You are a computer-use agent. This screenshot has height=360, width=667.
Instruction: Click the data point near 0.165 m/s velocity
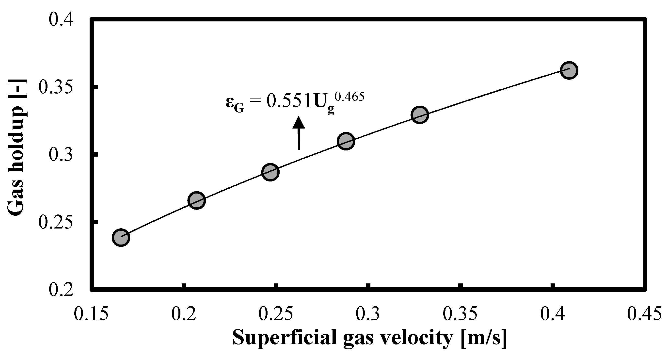[x=121, y=237]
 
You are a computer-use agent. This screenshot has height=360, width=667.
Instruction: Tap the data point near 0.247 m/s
[x=270, y=172]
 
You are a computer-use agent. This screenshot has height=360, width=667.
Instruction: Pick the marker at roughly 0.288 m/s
[x=346, y=141]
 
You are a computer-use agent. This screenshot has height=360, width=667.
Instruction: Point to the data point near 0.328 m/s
[x=420, y=115]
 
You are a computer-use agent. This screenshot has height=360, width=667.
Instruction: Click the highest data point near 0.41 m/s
[x=569, y=70]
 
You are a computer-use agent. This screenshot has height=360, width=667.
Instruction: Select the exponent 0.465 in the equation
[x=349, y=97]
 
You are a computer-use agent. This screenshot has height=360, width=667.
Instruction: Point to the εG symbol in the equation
[x=235, y=104]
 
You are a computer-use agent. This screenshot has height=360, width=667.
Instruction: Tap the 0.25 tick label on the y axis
[x=56, y=222]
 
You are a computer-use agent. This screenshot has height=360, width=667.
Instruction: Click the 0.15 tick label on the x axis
[x=91, y=314]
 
